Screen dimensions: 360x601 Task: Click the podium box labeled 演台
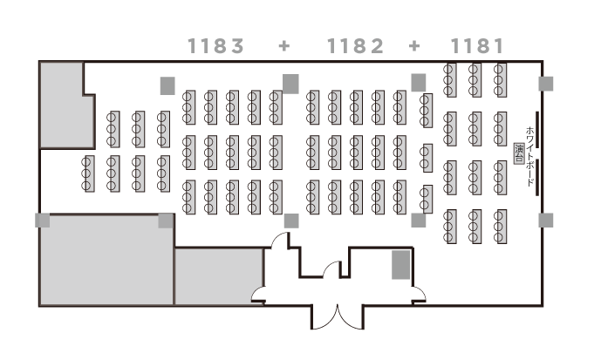pyautogui.click(x=520, y=153)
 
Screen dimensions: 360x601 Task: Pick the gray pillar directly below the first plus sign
pyautogui.click(x=290, y=83)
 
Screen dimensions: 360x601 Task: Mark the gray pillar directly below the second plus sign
pyautogui.click(x=419, y=82)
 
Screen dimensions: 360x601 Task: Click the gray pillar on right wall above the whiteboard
pyautogui.click(x=546, y=84)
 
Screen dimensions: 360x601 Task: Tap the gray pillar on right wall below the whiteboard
pyautogui.click(x=546, y=221)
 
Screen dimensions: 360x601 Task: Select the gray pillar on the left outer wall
pyautogui.click(x=42, y=221)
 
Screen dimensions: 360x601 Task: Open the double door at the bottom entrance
pyautogui.click(x=337, y=312)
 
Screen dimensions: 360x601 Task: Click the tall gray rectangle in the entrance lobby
pyautogui.click(x=400, y=265)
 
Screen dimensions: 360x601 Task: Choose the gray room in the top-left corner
pyautogui.click(x=65, y=105)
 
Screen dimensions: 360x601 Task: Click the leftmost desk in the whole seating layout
pyautogui.click(x=88, y=173)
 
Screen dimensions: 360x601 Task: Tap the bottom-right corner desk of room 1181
pyautogui.click(x=501, y=227)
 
